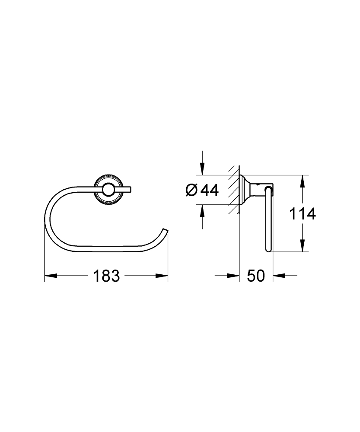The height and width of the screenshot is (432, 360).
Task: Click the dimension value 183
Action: click(x=106, y=276)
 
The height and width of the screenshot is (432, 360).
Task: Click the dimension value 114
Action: click(x=303, y=213)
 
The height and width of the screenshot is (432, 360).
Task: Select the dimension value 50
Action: click(x=256, y=276)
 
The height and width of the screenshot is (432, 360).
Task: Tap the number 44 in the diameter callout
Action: click(x=210, y=190)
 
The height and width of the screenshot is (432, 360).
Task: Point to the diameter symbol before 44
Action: click(x=191, y=190)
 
